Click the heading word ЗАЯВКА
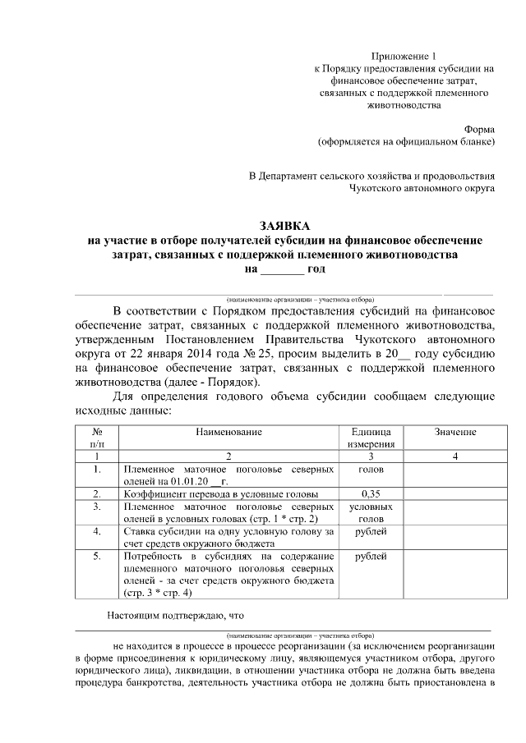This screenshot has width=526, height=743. [x=284, y=225]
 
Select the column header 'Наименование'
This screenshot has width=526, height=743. [x=228, y=432]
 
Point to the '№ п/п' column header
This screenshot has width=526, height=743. [x=98, y=438]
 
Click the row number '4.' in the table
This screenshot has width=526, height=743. [x=98, y=531]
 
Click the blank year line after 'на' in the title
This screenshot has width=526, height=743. [x=282, y=268]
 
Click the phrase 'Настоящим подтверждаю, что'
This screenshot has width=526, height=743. [x=176, y=615]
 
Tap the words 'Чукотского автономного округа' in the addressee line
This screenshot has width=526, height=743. [x=422, y=189]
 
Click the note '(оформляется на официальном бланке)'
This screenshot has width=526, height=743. [x=406, y=143]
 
